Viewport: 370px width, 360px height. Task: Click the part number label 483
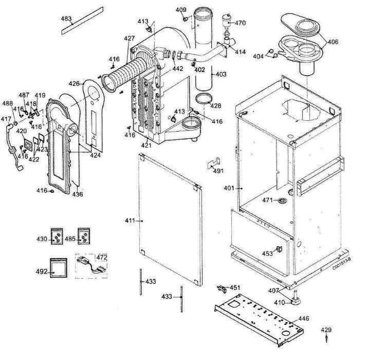coord(66,19)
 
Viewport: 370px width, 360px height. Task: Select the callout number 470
coord(240,23)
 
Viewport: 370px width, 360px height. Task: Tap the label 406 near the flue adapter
coord(333,42)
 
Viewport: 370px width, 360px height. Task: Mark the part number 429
coord(326,330)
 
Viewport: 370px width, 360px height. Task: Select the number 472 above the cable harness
coord(102,256)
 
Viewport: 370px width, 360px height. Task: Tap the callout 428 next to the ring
coord(216,106)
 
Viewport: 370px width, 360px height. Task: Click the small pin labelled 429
coord(327,339)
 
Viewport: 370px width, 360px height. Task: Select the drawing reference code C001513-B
coord(343,267)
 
